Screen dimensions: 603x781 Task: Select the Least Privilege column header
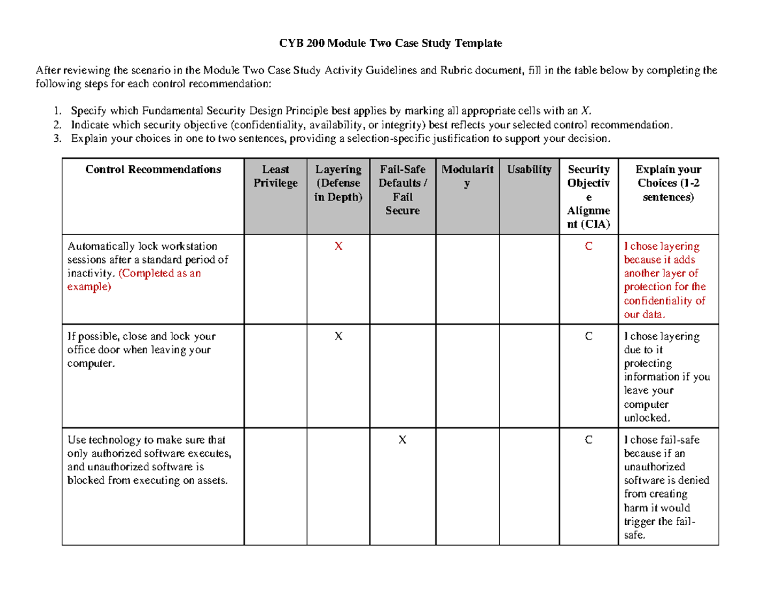pos(275,176)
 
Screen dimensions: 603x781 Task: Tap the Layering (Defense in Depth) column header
pos(338,183)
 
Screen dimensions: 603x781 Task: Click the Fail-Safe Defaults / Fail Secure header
pos(402,190)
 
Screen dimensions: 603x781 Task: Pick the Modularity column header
pos(467,176)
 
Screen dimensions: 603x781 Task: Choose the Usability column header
pos(529,170)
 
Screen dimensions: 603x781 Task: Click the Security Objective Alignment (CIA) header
pos(588,197)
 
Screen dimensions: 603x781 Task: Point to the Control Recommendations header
pos(153,170)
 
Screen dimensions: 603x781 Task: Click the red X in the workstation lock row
pos(338,247)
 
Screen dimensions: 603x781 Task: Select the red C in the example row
pos(588,247)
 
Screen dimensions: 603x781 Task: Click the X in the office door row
pos(338,336)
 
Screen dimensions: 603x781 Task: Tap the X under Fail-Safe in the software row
pos(402,440)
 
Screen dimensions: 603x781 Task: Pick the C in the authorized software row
pos(588,440)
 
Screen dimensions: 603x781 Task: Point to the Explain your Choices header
pos(668,183)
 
